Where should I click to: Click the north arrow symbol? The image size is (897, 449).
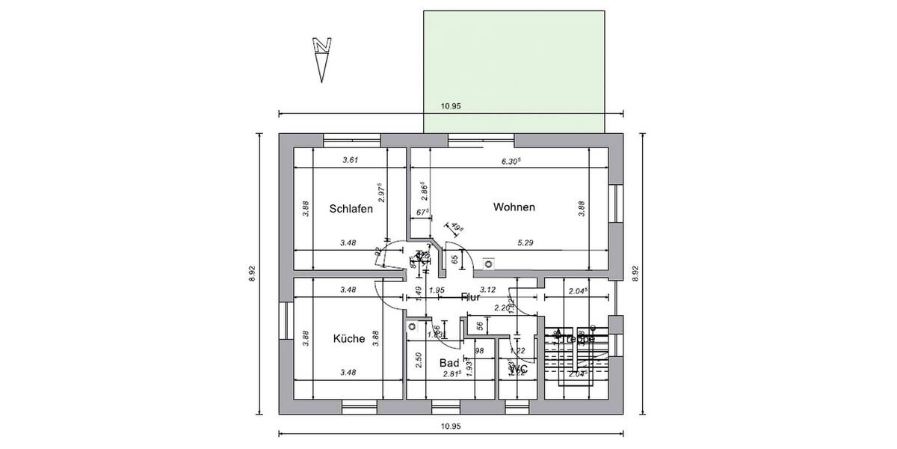322,58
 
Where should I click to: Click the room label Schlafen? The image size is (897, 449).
351,209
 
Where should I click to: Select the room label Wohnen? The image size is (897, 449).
514,207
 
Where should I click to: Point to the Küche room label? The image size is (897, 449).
348,338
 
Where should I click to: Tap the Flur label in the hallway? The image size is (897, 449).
470,297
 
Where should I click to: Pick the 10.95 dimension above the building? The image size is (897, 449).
451,106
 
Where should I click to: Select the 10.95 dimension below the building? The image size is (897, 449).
451,426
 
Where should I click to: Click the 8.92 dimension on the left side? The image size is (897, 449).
252,274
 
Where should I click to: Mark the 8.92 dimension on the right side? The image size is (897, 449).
636,274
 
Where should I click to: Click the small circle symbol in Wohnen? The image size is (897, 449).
489,263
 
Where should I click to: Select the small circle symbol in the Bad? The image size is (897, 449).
411,327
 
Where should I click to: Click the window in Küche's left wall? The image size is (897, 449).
285,320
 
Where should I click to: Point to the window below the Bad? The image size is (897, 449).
446,407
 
